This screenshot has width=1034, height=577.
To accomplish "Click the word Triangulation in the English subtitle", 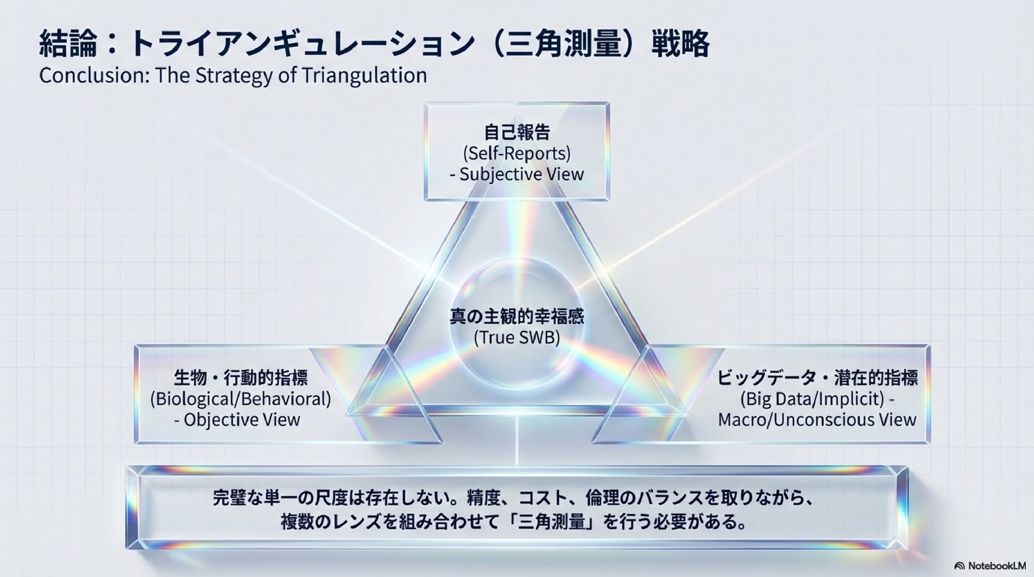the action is [x=364, y=76].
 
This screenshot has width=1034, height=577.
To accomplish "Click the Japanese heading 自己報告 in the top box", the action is [x=517, y=132].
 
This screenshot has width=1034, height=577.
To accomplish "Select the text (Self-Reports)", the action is [x=517, y=153].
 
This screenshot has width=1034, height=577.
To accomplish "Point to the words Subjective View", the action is [x=521, y=174].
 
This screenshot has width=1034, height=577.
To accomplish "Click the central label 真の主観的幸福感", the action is [x=517, y=316].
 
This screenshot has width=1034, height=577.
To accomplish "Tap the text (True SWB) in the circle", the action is [x=517, y=337].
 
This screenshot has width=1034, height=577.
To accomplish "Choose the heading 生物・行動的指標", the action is [x=240, y=378].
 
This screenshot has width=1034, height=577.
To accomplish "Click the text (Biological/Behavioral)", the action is [x=240, y=399].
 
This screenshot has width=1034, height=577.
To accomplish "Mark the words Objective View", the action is [x=242, y=420].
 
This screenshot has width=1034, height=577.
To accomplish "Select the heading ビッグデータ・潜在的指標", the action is [x=818, y=378].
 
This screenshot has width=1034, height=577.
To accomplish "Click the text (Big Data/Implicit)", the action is [x=812, y=399].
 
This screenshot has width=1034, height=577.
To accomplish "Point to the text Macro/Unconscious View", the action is [x=817, y=420].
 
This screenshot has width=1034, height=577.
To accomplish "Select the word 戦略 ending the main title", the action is [x=681, y=44].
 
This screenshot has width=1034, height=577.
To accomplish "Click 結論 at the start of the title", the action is [x=68, y=44].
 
